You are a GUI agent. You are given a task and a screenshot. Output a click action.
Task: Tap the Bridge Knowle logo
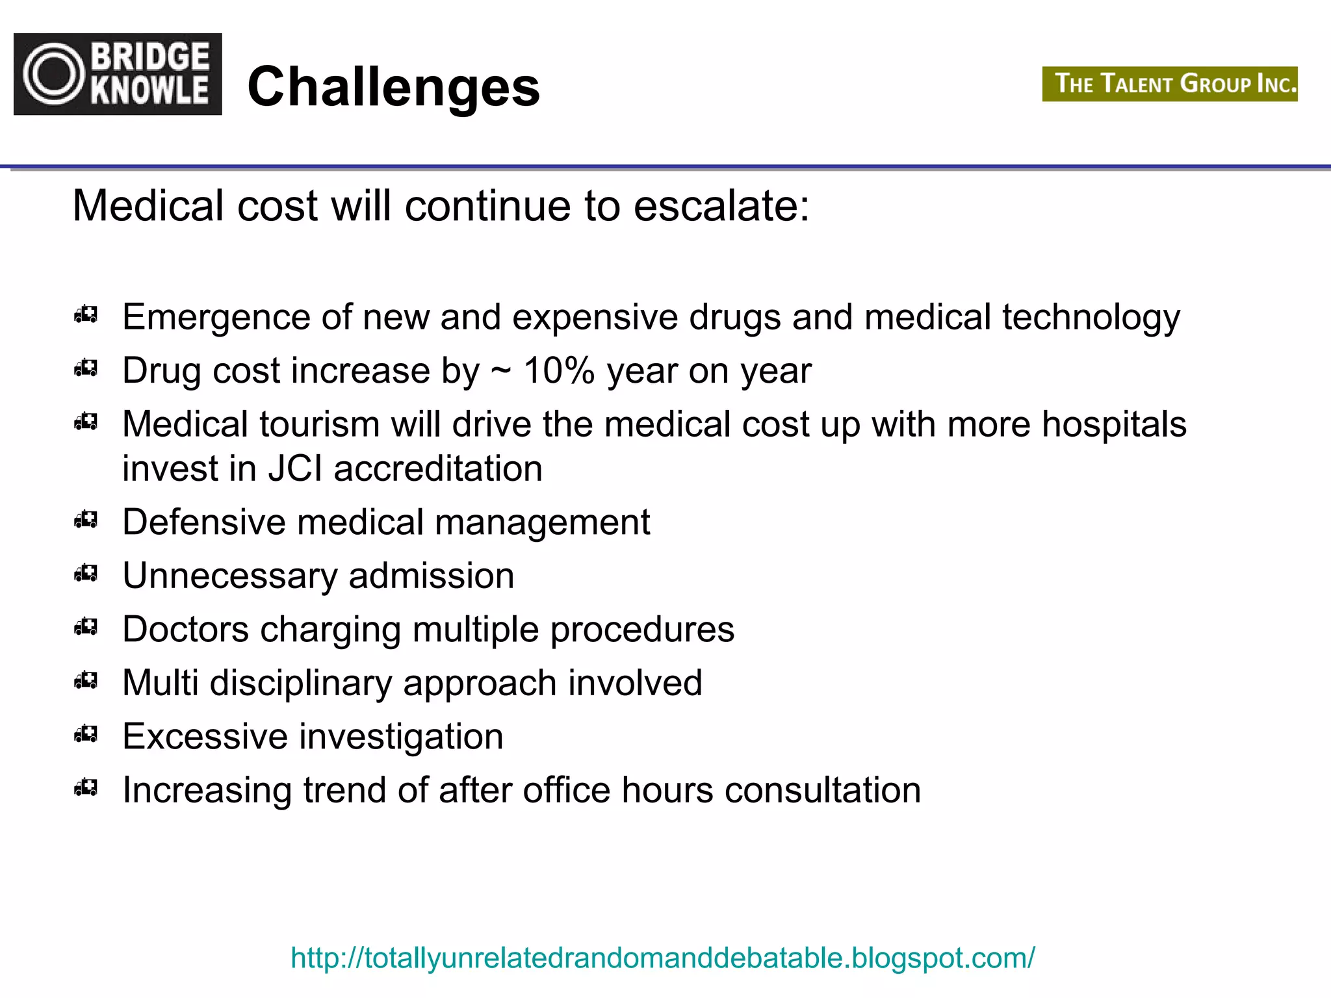[x=118, y=74]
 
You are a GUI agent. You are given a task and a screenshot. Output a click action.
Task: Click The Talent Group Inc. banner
[x=1169, y=84]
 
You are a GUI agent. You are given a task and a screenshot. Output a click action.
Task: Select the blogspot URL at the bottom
[x=662, y=958]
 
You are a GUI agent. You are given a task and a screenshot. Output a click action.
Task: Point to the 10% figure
[x=559, y=370]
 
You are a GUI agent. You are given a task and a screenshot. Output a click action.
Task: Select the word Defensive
[x=204, y=522]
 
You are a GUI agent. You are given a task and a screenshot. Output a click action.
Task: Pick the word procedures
[x=642, y=630]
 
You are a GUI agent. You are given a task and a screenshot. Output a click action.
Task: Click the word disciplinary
[x=300, y=683]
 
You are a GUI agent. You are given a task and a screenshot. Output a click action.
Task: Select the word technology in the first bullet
[x=1091, y=318]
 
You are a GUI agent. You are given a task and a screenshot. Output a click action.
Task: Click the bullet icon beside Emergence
[x=86, y=315]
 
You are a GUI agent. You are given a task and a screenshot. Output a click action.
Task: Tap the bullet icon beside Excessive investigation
[x=86, y=734]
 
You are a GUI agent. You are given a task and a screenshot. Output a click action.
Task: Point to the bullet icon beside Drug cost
[x=86, y=368]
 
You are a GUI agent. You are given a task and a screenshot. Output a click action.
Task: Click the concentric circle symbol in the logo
[x=54, y=74]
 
